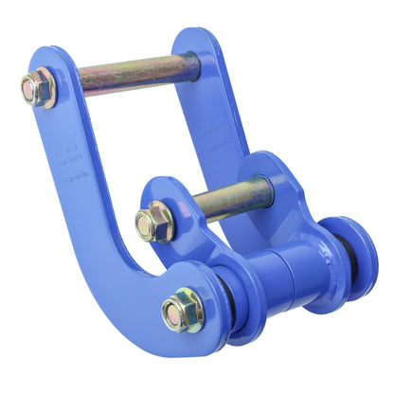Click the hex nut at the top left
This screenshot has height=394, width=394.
[39, 88]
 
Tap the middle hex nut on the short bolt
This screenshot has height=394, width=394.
[153, 224]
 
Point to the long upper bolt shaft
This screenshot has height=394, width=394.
[133, 74]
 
